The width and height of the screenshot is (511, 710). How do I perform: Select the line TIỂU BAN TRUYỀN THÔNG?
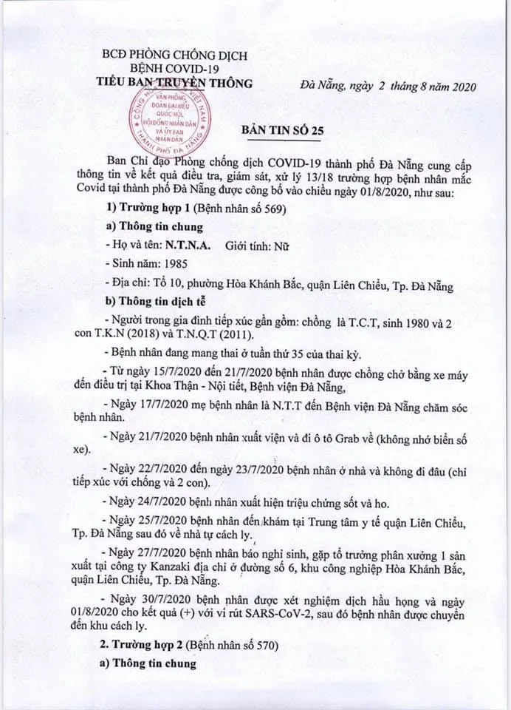tap(175, 82)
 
